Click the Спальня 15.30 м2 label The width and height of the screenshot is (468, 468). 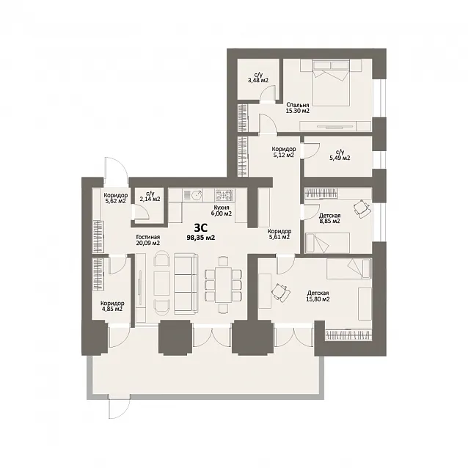298,108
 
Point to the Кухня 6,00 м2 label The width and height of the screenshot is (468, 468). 222,211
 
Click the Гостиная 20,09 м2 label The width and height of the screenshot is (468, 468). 148,240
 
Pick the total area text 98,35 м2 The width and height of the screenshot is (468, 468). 200,238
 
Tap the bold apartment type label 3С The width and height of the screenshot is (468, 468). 200,228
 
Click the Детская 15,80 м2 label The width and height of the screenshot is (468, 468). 318,296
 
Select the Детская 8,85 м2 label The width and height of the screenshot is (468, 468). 330,218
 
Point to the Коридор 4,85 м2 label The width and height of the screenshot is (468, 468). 112,306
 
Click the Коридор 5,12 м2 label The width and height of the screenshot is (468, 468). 284,152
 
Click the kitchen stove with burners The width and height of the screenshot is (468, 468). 224,195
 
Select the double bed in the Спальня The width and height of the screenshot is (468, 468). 331,83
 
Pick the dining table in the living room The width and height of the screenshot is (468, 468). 223,285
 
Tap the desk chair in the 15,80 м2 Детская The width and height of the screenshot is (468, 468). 281,291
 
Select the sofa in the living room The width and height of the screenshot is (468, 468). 186,284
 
